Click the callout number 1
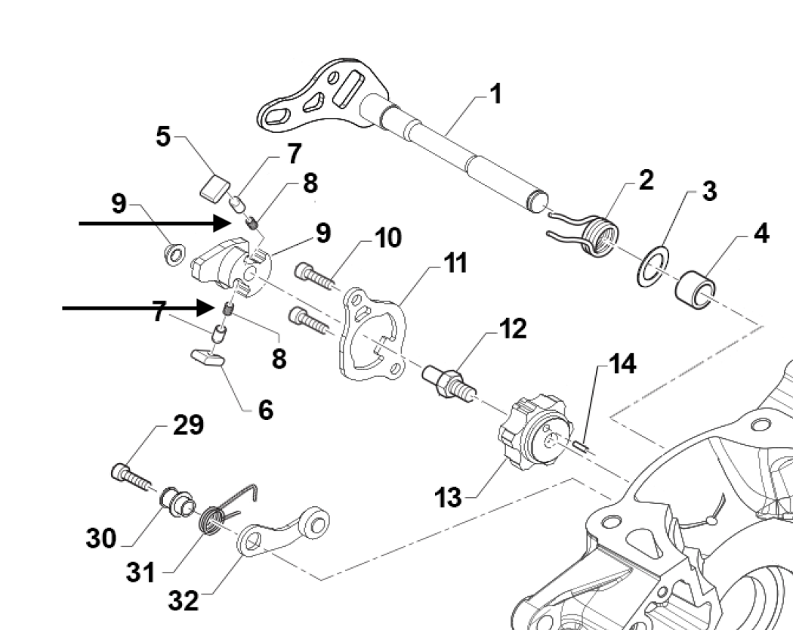pyautogui.click(x=495, y=96)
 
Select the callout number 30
pyautogui.click(x=100, y=539)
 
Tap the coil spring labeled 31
pyautogui.click(x=214, y=520)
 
